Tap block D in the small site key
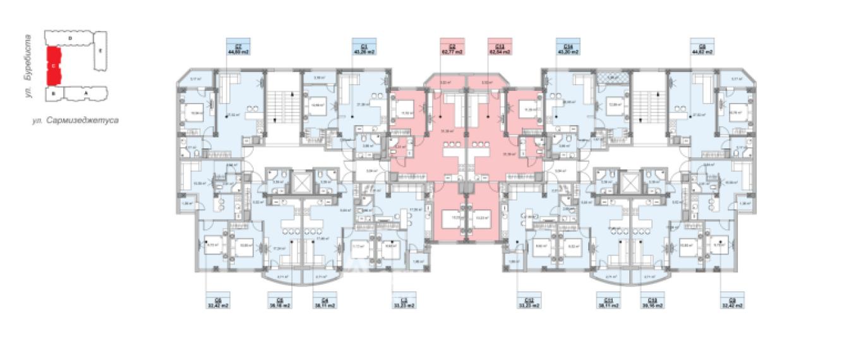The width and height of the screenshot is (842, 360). tap(69, 39)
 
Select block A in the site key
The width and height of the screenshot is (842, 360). tap(85, 93)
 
